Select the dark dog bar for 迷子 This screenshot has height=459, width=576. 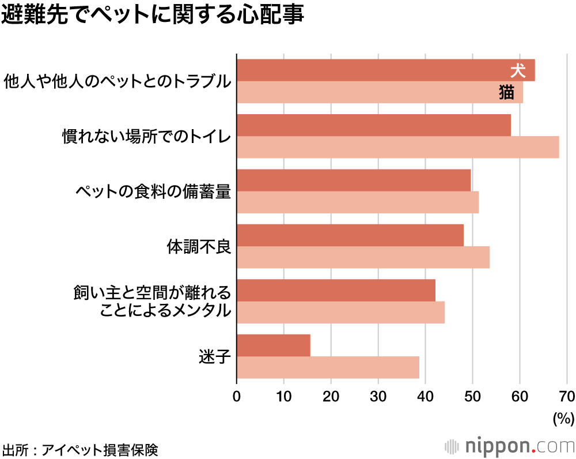[x=274, y=345]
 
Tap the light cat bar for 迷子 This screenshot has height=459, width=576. [x=328, y=367]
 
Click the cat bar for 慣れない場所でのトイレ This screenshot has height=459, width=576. [x=397, y=147]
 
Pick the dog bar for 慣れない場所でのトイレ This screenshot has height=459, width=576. [x=374, y=125]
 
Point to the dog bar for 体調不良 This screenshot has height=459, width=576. [x=350, y=235]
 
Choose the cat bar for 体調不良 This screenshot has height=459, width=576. [x=363, y=257]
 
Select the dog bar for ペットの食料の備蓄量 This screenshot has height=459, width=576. [x=354, y=180]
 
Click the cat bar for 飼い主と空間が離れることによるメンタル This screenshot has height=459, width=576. [x=340, y=313]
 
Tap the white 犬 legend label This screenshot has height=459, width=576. [x=518, y=71]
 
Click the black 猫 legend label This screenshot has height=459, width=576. [x=506, y=92]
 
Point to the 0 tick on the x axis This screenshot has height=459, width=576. [x=237, y=397]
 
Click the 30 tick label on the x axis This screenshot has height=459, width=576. [x=378, y=397]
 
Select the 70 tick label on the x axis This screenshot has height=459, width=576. [x=567, y=397]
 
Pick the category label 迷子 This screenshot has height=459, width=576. [x=214, y=357]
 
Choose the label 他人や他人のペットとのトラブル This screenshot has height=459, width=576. [x=117, y=81]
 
